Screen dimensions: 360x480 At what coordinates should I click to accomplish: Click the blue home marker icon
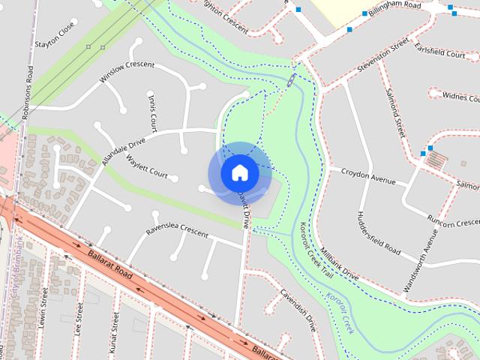239,173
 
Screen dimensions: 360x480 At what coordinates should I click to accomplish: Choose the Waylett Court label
147,166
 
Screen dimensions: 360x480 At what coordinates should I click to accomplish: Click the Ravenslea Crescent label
177,228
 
